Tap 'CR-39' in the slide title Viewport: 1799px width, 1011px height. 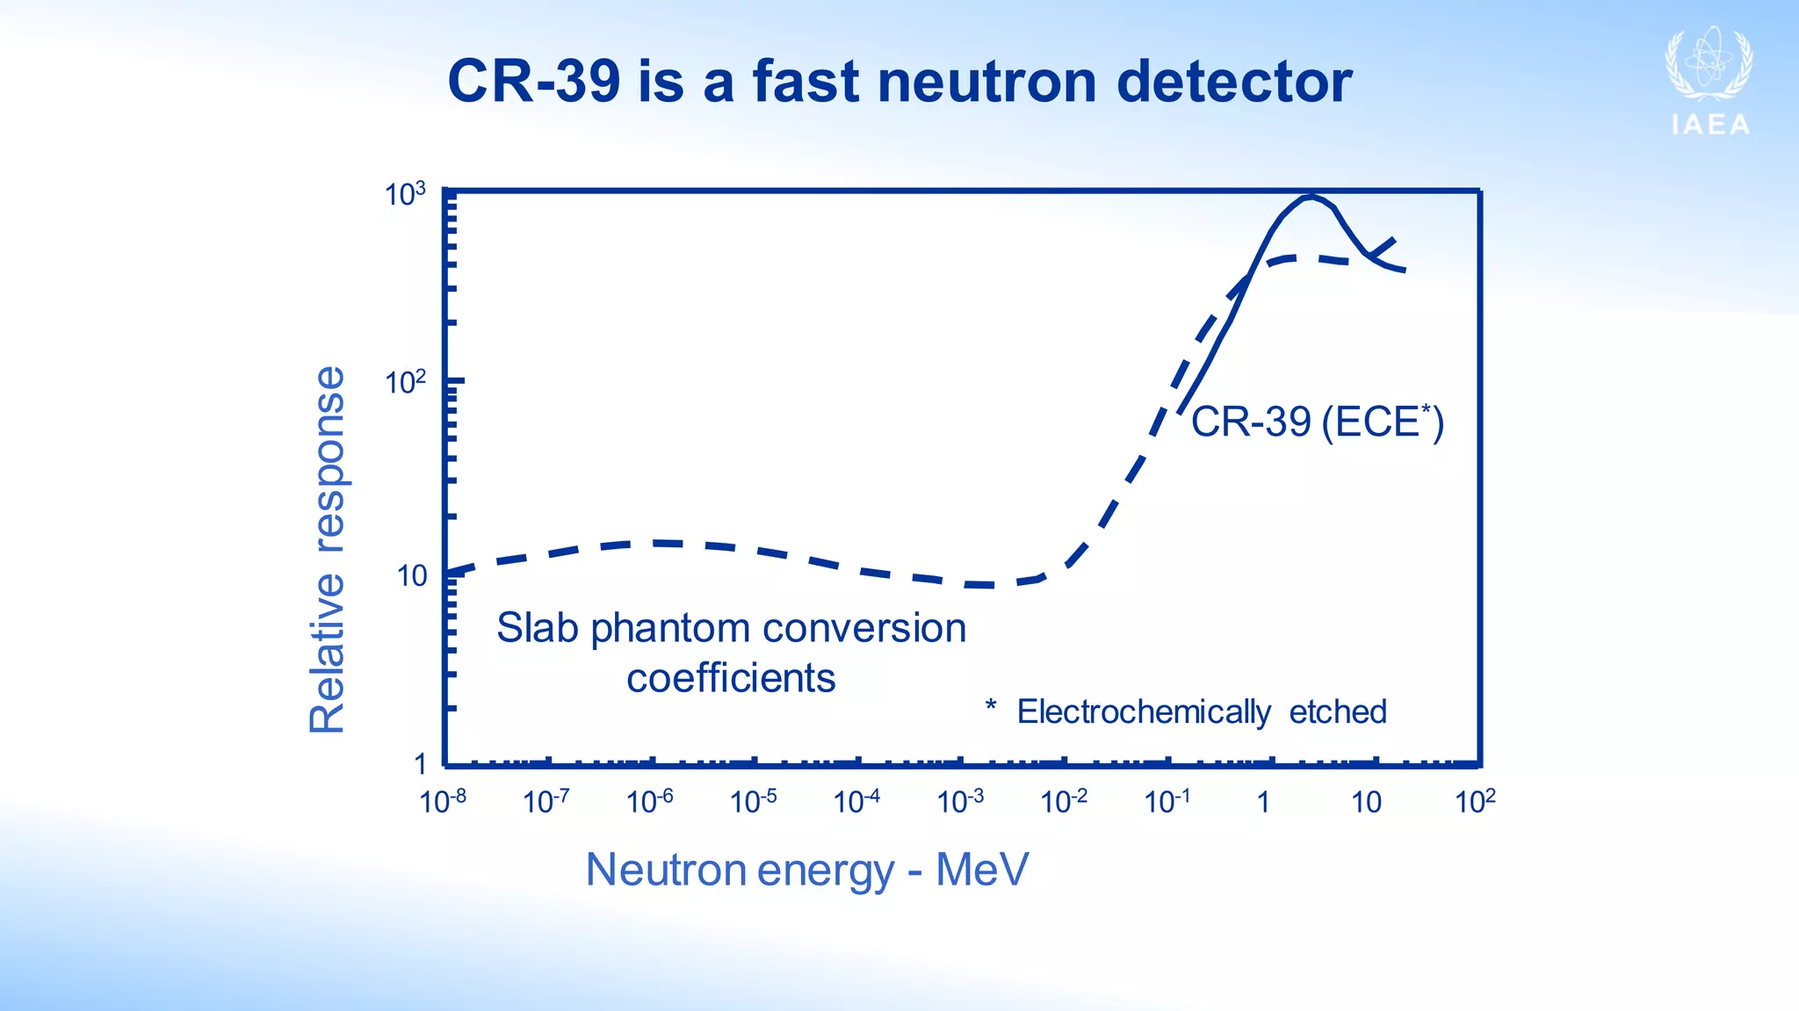pos(533,82)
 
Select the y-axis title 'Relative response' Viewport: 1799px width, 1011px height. pos(328,550)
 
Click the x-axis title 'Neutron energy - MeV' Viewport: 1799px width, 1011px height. pos(806,870)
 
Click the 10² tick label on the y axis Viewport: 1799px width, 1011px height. pos(405,383)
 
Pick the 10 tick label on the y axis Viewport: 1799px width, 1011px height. pos(411,576)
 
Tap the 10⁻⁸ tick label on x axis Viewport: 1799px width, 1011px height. pos(443,801)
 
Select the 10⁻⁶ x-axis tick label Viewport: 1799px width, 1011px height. pos(649,801)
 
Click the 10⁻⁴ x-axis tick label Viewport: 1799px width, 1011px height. pos(856,801)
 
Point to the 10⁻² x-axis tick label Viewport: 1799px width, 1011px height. pos(1063,801)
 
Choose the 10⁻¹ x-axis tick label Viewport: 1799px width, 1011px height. pos(1167,801)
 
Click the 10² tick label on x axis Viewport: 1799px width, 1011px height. pos(1475,801)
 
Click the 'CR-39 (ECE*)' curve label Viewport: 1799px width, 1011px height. pos(1316,422)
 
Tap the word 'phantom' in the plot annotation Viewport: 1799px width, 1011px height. pos(671,628)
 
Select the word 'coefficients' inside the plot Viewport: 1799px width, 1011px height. pos(731,678)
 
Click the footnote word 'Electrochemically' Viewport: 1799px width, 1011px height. pos(1143,711)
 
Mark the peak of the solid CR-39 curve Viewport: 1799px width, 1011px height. pos(1311,197)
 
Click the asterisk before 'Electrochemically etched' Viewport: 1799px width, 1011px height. pos(991,705)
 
